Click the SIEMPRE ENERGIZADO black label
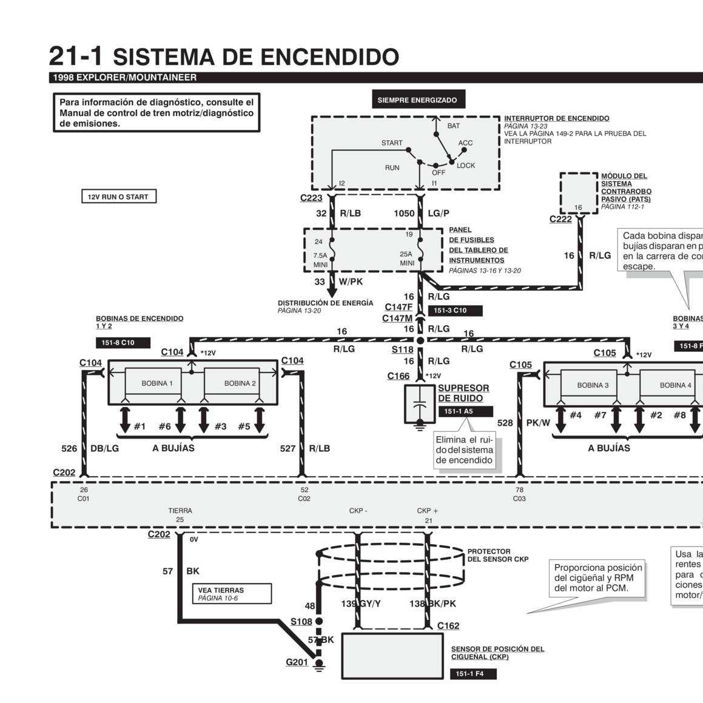pyautogui.click(x=417, y=100)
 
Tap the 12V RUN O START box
pyautogui.click(x=118, y=197)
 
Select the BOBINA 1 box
pyautogui.click(x=157, y=383)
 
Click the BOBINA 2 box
pyautogui.click(x=240, y=383)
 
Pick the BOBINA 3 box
pyautogui.click(x=593, y=385)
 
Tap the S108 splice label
pyautogui.click(x=301, y=622)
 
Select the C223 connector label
pyautogui.click(x=311, y=198)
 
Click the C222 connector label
pyautogui.click(x=560, y=219)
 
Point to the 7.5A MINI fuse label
pyautogui.click(x=320, y=260)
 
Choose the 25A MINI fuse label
pyautogui.click(x=406, y=259)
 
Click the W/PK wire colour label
pyautogui.click(x=351, y=281)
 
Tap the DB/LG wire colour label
pyautogui.click(x=104, y=449)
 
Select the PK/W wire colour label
pyautogui.click(x=538, y=423)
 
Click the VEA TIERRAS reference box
pyautogui.click(x=234, y=594)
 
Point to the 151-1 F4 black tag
pyautogui.click(x=473, y=674)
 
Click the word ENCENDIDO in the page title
pyautogui.click(x=330, y=57)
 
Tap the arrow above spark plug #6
pyautogui.click(x=180, y=419)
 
